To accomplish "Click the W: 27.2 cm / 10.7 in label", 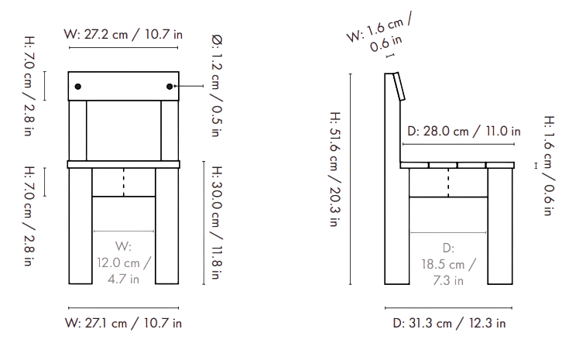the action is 123,34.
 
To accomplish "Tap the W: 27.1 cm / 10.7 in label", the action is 123,323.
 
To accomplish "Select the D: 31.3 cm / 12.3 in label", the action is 449,323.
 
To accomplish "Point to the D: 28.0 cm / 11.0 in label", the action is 464,131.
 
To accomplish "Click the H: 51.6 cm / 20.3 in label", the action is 335,169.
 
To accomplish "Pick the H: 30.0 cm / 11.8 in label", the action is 217,223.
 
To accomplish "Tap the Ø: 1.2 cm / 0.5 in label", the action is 217,85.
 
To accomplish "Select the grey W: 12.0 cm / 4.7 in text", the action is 123,262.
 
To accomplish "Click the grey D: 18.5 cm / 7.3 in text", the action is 448,264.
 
